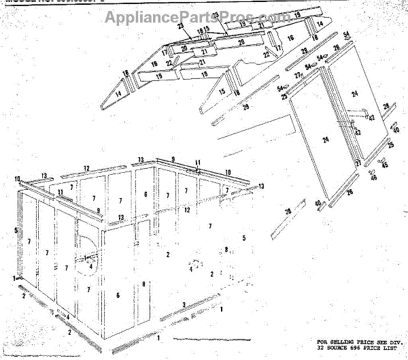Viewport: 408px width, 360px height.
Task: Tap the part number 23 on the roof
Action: (x=182, y=26)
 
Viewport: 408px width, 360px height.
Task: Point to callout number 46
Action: (x=373, y=178)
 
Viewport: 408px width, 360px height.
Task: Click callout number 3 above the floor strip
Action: (x=183, y=304)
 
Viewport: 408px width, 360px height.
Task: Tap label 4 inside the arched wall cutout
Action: (x=92, y=265)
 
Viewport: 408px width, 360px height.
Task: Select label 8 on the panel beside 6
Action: (x=143, y=283)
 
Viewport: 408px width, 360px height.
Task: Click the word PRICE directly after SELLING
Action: (x=367, y=340)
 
